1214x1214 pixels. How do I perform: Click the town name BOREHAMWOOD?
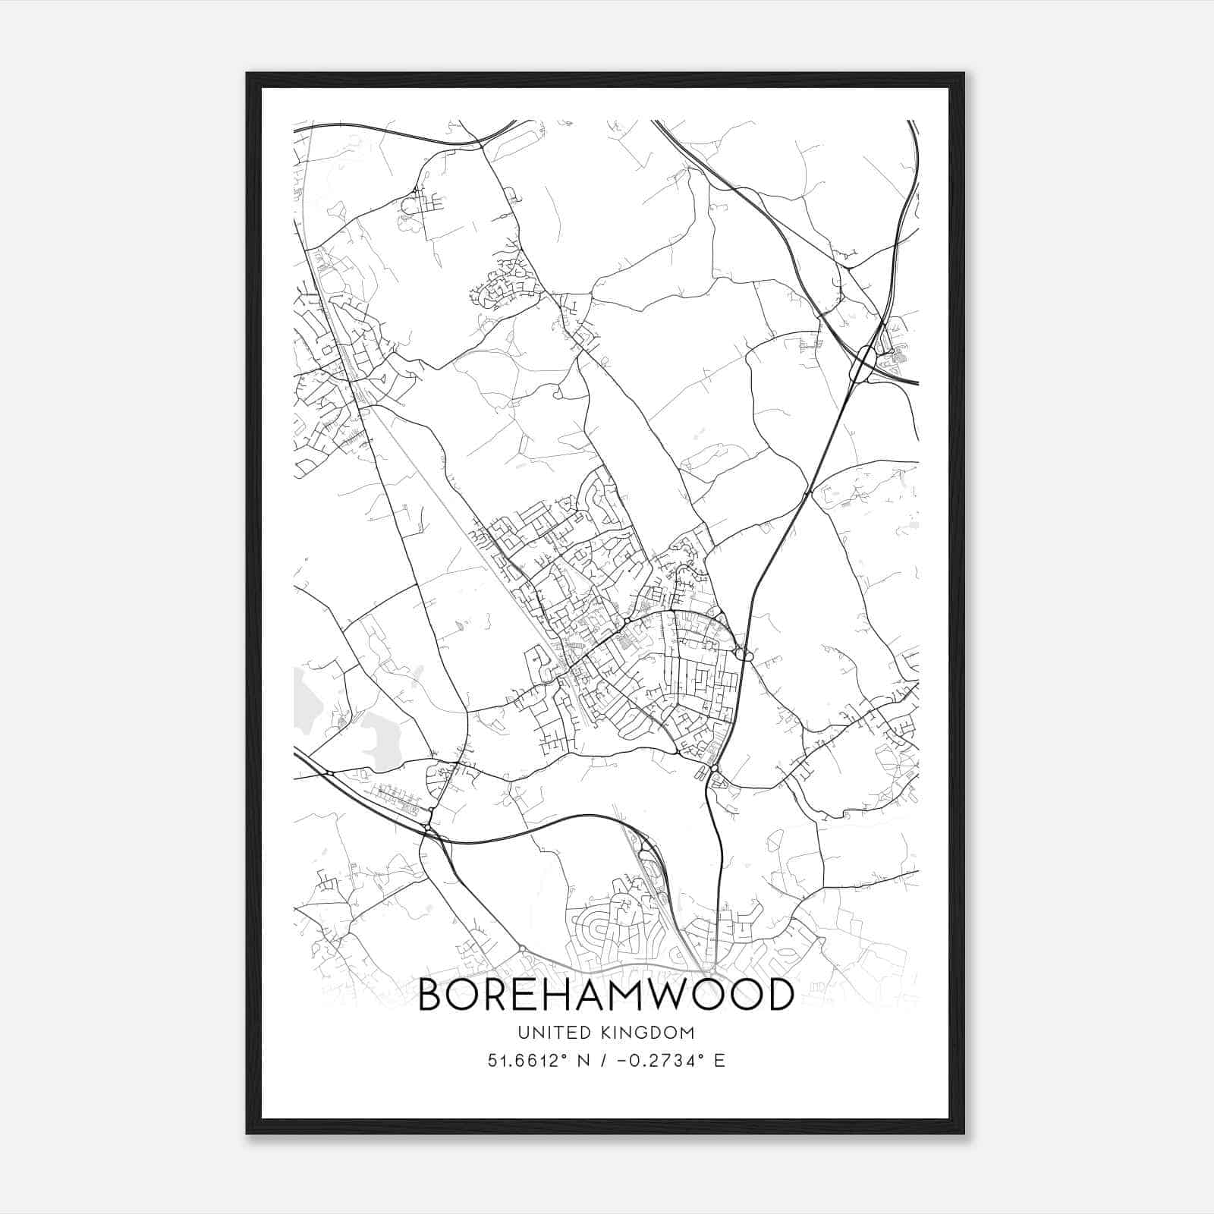[605, 995]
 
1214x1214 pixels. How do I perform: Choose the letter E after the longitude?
[719, 1060]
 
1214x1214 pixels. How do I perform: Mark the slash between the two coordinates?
[605, 1060]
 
